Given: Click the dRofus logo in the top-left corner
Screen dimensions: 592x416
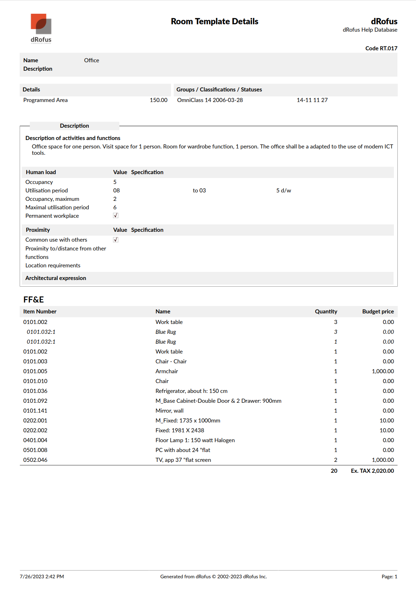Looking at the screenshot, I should [x=41, y=28].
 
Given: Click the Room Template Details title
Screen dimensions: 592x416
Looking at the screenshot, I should [x=214, y=21].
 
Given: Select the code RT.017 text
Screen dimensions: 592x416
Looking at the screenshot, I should [x=381, y=49].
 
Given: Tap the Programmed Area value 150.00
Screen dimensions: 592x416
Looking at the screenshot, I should [x=158, y=100].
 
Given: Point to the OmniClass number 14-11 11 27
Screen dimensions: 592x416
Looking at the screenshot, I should [x=312, y=100].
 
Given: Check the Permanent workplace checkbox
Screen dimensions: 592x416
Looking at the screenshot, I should [x=115, y=216].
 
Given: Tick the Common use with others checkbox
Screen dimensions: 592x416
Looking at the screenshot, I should [x=115, y=240].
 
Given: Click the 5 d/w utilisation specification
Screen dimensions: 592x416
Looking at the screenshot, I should [x=284, y=191].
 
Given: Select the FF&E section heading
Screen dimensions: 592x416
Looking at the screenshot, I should [x=34, y=300].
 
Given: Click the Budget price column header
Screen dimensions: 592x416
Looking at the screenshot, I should [x=378, y=312].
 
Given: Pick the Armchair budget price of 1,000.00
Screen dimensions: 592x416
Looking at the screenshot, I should [x=383, y=371].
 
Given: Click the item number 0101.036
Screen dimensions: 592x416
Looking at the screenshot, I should [x=35, y=391].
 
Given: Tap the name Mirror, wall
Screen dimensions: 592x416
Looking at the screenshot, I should [x=170, y=411].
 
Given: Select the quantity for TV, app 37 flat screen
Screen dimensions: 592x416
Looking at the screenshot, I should [x=336, y=460].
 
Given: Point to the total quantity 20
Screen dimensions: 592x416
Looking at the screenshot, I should [x=334, y=471].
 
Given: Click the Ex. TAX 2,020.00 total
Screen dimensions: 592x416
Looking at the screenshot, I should [x=372, y=471].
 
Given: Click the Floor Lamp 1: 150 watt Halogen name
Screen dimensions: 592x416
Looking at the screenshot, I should [x=195, y=440].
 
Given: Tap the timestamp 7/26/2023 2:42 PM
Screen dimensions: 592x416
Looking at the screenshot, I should [x=42, y=577].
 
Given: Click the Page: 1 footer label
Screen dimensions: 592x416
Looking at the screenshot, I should [x=389, y=577].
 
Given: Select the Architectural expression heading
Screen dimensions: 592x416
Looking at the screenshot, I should [x=56, y=278].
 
